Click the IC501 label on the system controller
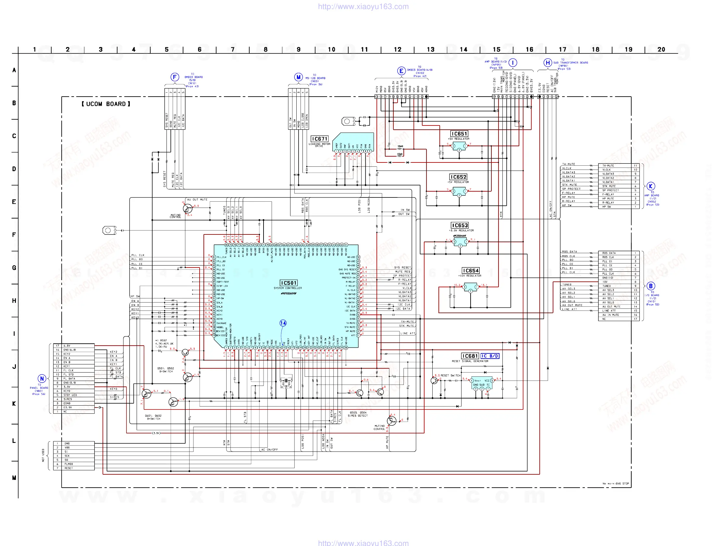coord(289,283)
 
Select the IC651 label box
coord(459,134)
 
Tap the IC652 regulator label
coord(458,177)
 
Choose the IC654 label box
coord(471,270)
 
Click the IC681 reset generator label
coord(470,356)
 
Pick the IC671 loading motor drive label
coord(319,139)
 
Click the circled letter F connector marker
coord(175,77)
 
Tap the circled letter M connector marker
coord(298,77)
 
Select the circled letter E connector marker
coord(401,71)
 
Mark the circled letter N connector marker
coord(42,379)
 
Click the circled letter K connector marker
coord(651,186)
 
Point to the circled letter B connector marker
coord(651,286)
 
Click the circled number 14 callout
coord(283,323)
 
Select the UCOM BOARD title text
coord(106,104)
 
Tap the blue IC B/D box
coord(490,356)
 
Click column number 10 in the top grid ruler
coord(331,50)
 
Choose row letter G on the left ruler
coord(14,267)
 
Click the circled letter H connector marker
coord(548,63)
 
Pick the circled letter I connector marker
coord(513,62)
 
